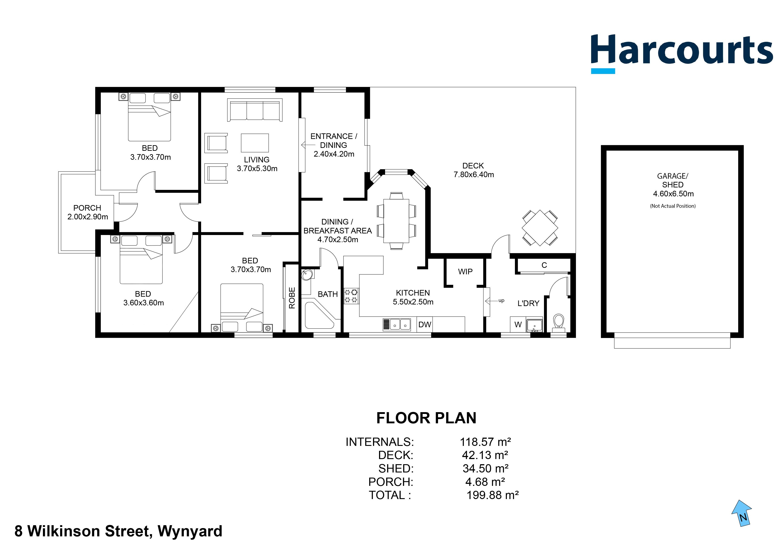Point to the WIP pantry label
click(x=465, y=272)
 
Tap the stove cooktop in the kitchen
click(x=351, y=296)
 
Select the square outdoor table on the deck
click(x=540, y=228)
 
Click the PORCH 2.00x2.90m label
click(x=87, y=212)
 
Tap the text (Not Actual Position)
click(x=672, y=206)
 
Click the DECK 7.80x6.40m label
click(x=473, y=170)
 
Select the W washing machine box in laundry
click(x=518, y=325)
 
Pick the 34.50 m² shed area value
click(x=485, y=468)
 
